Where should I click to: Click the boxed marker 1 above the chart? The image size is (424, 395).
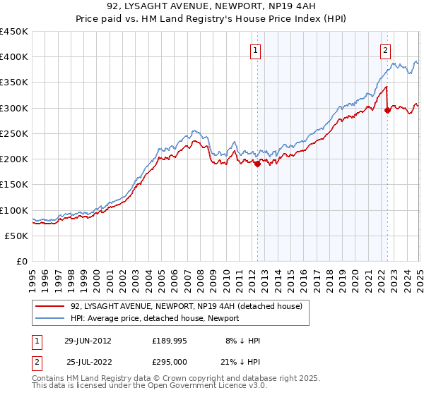(254, 50)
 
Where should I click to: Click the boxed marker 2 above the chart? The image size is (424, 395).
(386, 50)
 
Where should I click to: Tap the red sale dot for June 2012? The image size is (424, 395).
(257, 164)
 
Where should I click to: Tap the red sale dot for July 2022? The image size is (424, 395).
(387, 110)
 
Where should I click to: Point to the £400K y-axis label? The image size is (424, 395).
(14, 57)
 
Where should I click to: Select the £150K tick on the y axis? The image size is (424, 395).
(14, 185)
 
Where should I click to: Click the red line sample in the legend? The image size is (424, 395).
(51, 306)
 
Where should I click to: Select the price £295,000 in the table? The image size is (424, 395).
(169, 361)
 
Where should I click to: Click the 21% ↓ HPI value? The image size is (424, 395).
(240, 361)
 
